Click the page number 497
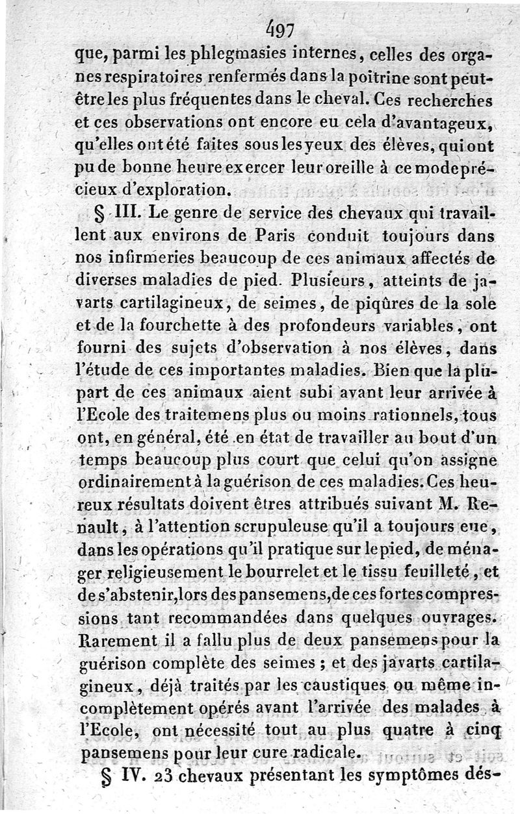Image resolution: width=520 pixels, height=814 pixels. click(280, 30)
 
